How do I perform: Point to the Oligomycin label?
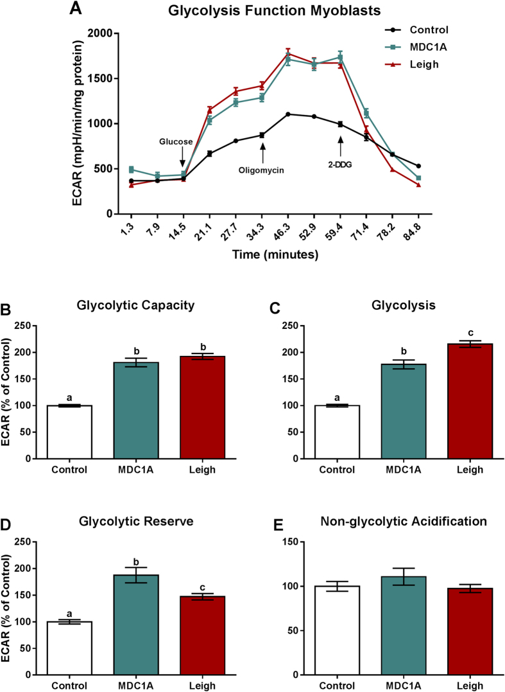point(262,172)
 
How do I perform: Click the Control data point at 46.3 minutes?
point(288,114)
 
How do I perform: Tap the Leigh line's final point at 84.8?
point(418,185)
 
